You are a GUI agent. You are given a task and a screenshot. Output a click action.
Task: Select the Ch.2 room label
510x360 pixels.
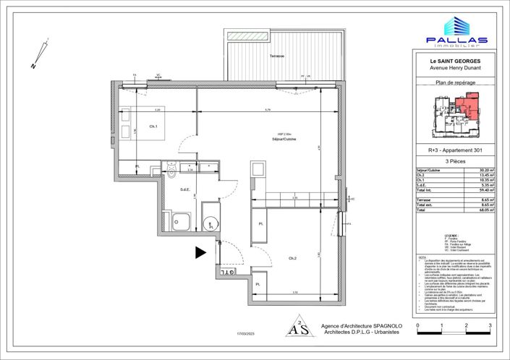[x=292, y=258]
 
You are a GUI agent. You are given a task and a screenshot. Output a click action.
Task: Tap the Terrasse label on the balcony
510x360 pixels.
[x=277, y=56]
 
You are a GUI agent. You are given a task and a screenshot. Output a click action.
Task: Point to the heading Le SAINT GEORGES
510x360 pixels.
[x=456, y=62]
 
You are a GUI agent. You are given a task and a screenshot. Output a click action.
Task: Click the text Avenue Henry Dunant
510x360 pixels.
[x=456, y=69]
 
